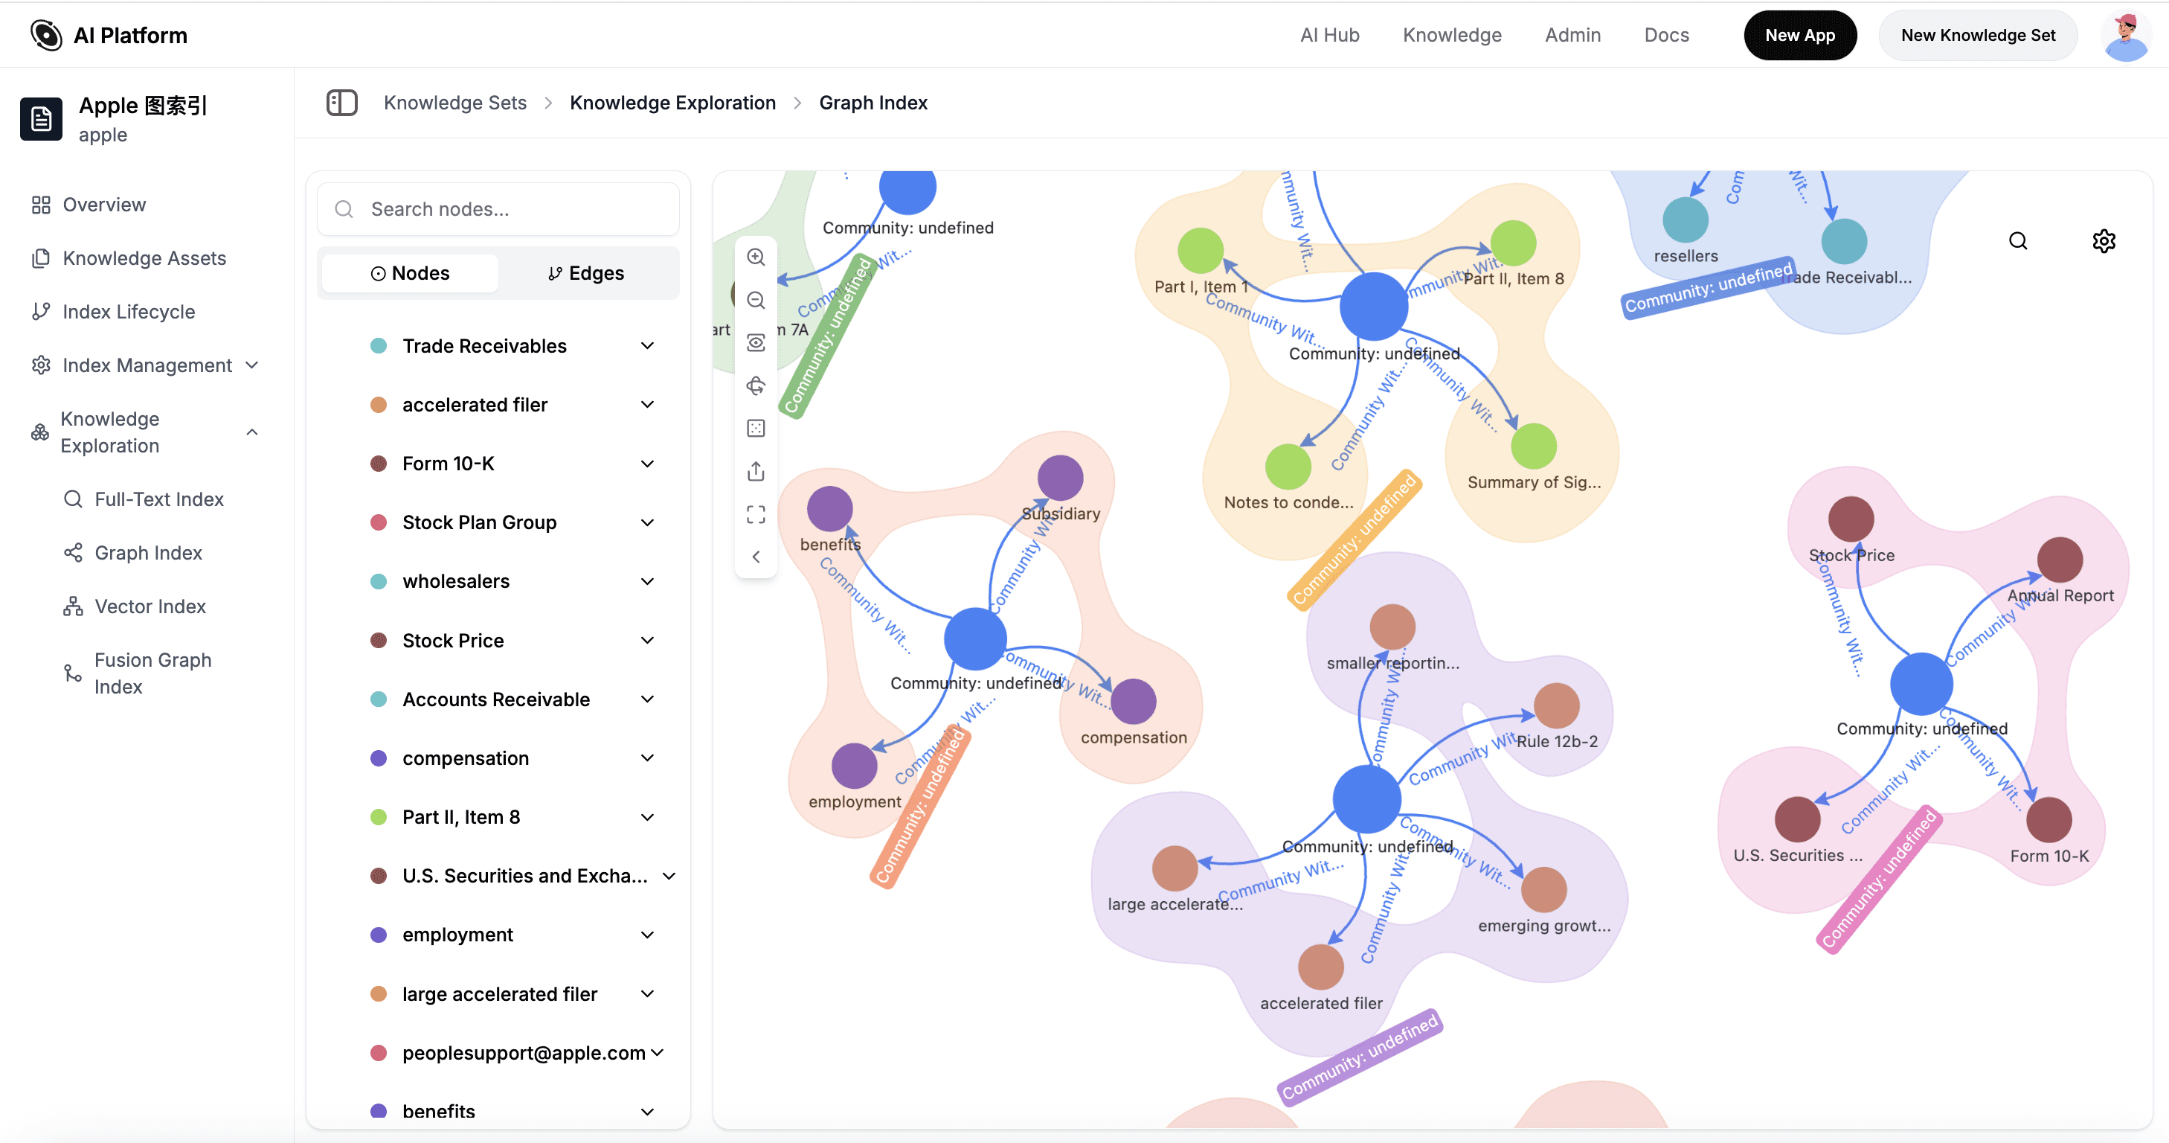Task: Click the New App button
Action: (1799, 36)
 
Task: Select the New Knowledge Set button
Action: (1977, 36)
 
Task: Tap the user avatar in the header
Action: (2124, 36)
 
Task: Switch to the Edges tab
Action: (586, 273)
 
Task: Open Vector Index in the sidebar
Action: (150, 606)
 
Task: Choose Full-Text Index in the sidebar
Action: (158, 499)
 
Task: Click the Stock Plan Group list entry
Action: (479, 522)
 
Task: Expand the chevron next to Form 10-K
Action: (647, 464)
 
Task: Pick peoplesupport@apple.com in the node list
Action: (523, 1053)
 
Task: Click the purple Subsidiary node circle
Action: (1060, 478)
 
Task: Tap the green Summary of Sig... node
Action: (1533, 446)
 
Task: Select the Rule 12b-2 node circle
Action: (1556, 706)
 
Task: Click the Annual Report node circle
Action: (2060, 560)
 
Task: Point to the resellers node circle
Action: (1685, 220)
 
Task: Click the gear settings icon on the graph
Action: (2104, 242)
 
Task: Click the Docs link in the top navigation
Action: (1666, 36)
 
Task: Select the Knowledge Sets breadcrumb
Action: (454, 103)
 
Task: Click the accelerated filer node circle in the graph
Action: (1320, 967)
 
